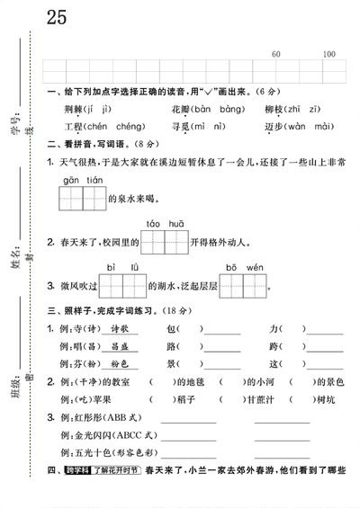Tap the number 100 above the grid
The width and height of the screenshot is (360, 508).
pos(328,54)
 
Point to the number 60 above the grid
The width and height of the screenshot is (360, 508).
pos(275,54)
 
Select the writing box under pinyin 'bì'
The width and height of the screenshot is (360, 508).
pos(112,287)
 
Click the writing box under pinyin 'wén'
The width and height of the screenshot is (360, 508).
pos(255,287)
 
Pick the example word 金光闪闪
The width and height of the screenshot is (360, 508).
pos(90,434)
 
